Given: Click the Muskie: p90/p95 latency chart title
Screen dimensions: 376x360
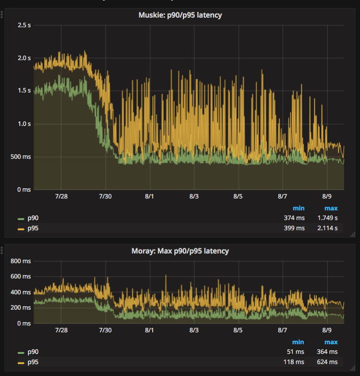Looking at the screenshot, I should [180, 15].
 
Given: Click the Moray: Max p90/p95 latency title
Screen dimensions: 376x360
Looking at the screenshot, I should [180, 251].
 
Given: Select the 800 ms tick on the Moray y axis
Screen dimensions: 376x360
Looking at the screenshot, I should [20, 261].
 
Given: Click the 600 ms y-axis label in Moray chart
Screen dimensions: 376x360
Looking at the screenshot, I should [20, 277].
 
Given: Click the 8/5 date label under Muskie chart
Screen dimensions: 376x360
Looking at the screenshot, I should [238, 196].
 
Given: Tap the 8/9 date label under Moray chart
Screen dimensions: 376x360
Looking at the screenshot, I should [326, 330].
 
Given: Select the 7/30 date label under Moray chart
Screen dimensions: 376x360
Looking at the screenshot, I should [104, 330].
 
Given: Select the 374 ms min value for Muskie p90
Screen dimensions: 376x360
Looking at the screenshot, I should [294, 218].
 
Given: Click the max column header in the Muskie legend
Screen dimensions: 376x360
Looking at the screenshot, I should [331, 208].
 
